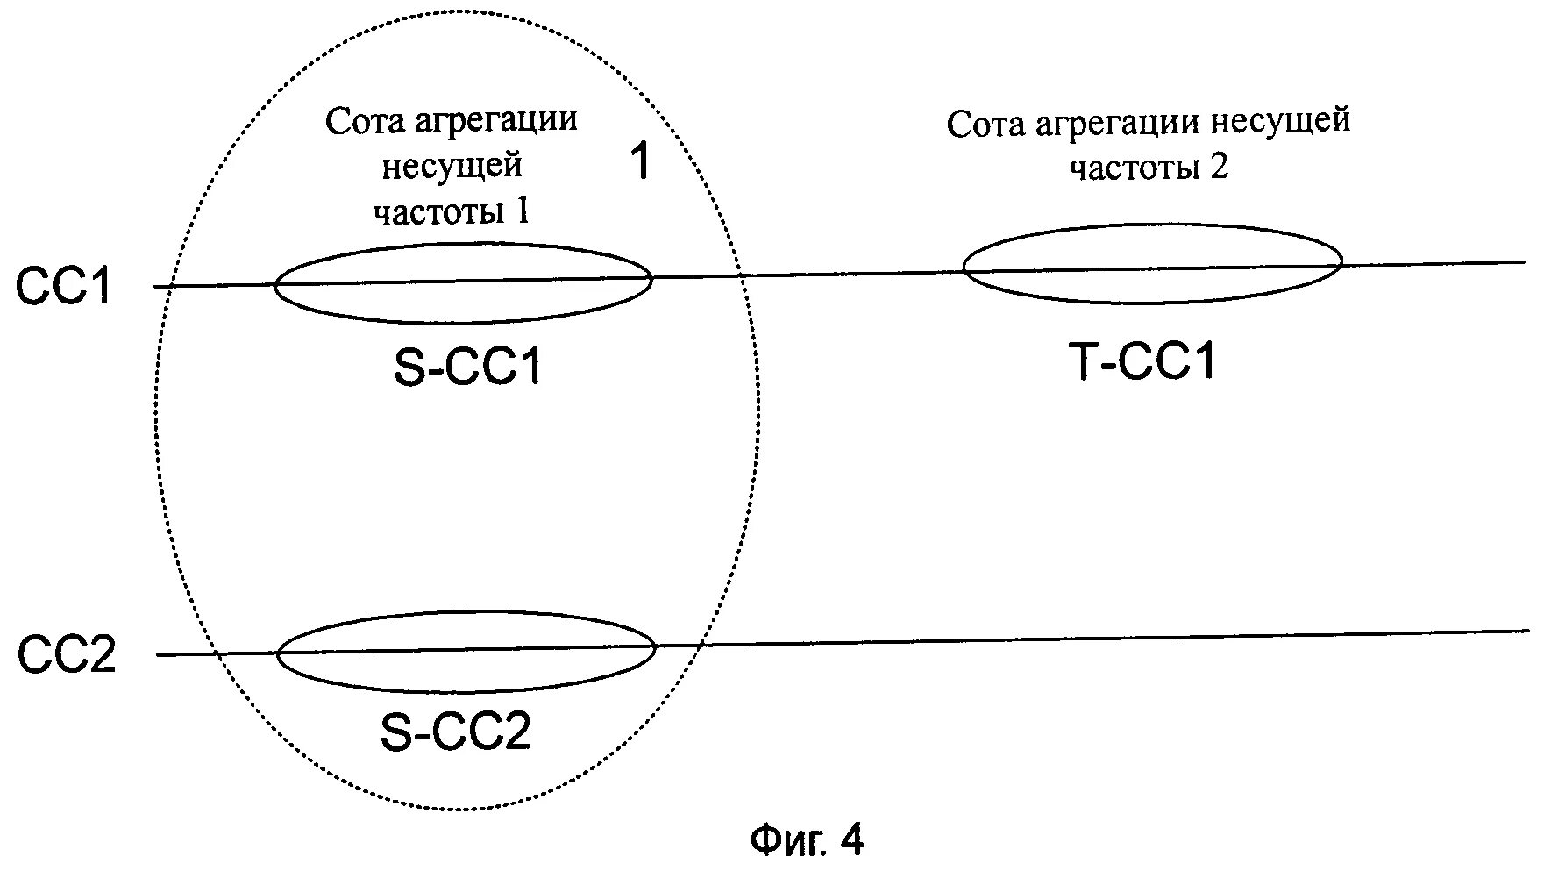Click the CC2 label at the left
67,655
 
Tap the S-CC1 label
467,368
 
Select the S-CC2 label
456,732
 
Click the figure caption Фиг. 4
807,840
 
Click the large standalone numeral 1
641,162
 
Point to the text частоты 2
1148,167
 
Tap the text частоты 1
452,211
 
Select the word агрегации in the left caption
496,120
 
